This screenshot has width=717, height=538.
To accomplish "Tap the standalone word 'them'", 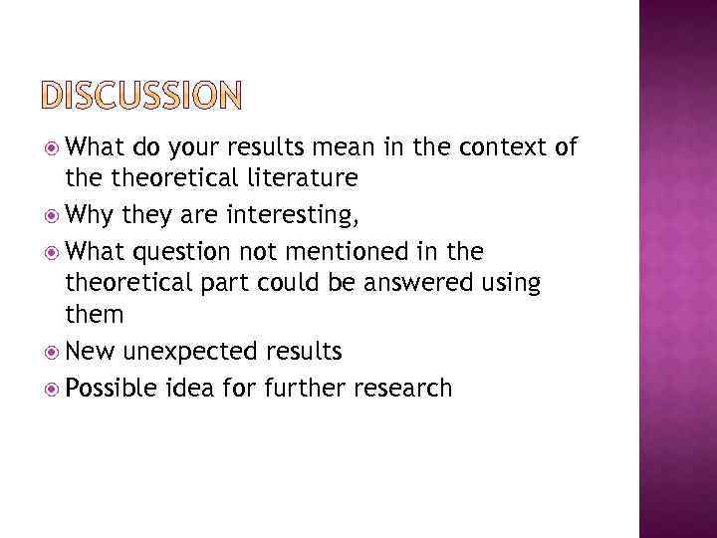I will click(95, 316).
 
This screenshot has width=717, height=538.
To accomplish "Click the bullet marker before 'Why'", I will click(53, 214).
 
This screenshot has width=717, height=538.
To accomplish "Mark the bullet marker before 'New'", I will click(53, 352).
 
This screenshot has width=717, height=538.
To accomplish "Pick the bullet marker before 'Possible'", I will click(53, 387).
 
